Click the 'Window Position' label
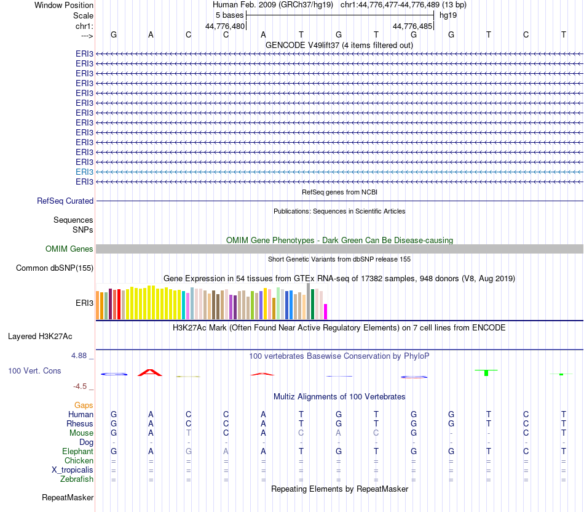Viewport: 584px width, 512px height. pyautogui.click(x=64, y=5)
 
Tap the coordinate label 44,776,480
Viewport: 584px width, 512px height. pyautogui.click(x=225, y=26)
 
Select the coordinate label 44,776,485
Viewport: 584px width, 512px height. pyautogui.click(x=412, y=26)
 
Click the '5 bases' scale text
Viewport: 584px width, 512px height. pyautogui.click(x=229, y=15)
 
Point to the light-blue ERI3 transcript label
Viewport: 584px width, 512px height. pyautogui.click(x=84, y=172)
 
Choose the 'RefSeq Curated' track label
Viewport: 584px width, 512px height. pyautogui.click(x=65, y=201)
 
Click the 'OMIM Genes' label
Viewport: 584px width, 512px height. pyautogui.click(x=69, y=249)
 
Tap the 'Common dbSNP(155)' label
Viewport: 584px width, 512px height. pyautogui.click(x=55, y=268)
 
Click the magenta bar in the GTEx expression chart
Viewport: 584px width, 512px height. pyautogui.click(x=326, y=311)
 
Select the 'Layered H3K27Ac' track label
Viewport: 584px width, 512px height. pyautogui.click(x=40, y=336)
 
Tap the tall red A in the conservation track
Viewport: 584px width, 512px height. pyautogui.click(x=151, y=372)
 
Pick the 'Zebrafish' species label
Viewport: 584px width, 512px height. pyautogui.click(x=77, y=479)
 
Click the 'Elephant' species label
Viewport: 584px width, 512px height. pyautogui.click(x=77, y=451)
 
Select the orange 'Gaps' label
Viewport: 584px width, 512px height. pyautogui.click(x=84, y=405)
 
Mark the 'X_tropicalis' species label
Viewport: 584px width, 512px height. pyautogui.click(x=73, y=470)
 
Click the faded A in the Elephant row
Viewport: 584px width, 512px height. pyautogui.click(x=226, y=451)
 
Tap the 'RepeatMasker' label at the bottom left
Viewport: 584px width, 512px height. pyautogui.click(x=68, y=497)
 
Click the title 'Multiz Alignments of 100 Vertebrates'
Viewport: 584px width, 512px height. pyautogui.click(x=339, y=396)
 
